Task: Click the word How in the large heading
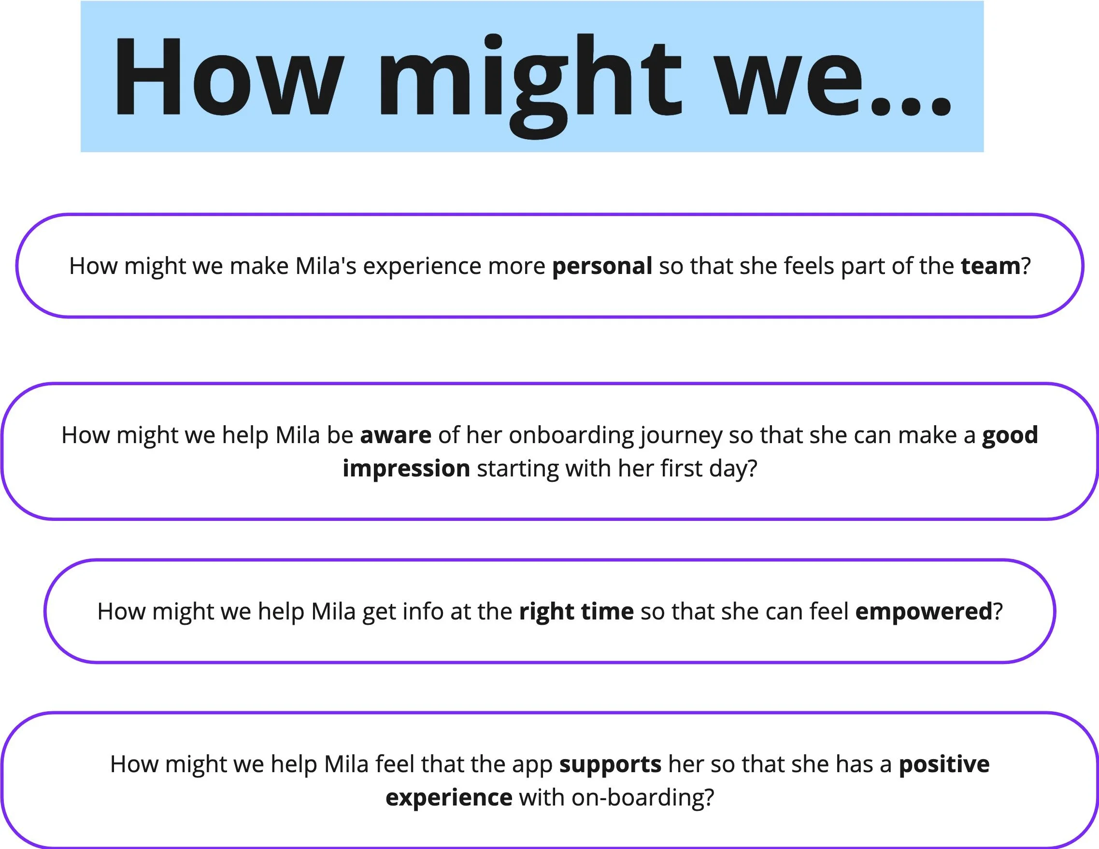(229, 77)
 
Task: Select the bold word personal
(602, 266)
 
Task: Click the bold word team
(990, 266)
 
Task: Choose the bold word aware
(396, 435)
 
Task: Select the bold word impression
(406, 469)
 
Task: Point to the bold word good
(1010, 435)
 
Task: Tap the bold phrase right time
(576, 612)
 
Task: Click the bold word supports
(610, 764)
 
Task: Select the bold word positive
(944, 764)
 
